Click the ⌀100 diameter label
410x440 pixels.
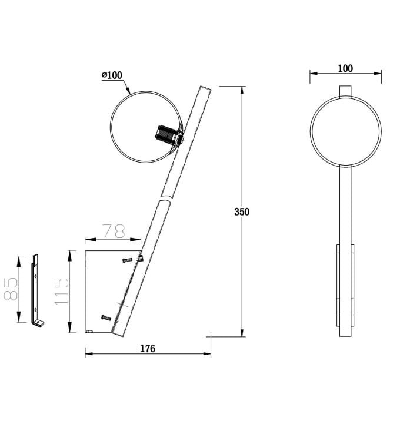pos(112,75)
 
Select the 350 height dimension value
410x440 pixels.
pos(241,212)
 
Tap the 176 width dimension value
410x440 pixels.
pos(148,349)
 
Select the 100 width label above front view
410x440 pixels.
pos(345,68)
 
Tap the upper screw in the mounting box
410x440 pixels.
pos(128,260)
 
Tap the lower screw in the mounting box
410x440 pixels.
pos(106,317)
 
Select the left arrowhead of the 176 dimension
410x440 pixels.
pos(88,354)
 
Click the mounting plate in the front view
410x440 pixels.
pos(345,286)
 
